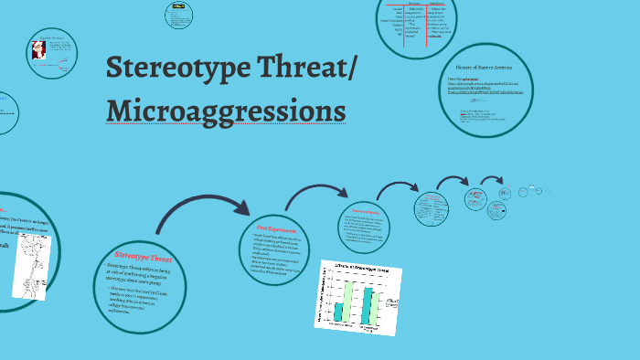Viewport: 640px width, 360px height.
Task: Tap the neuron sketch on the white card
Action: [30, 262]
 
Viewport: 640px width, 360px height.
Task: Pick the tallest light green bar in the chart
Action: [347, 302]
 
